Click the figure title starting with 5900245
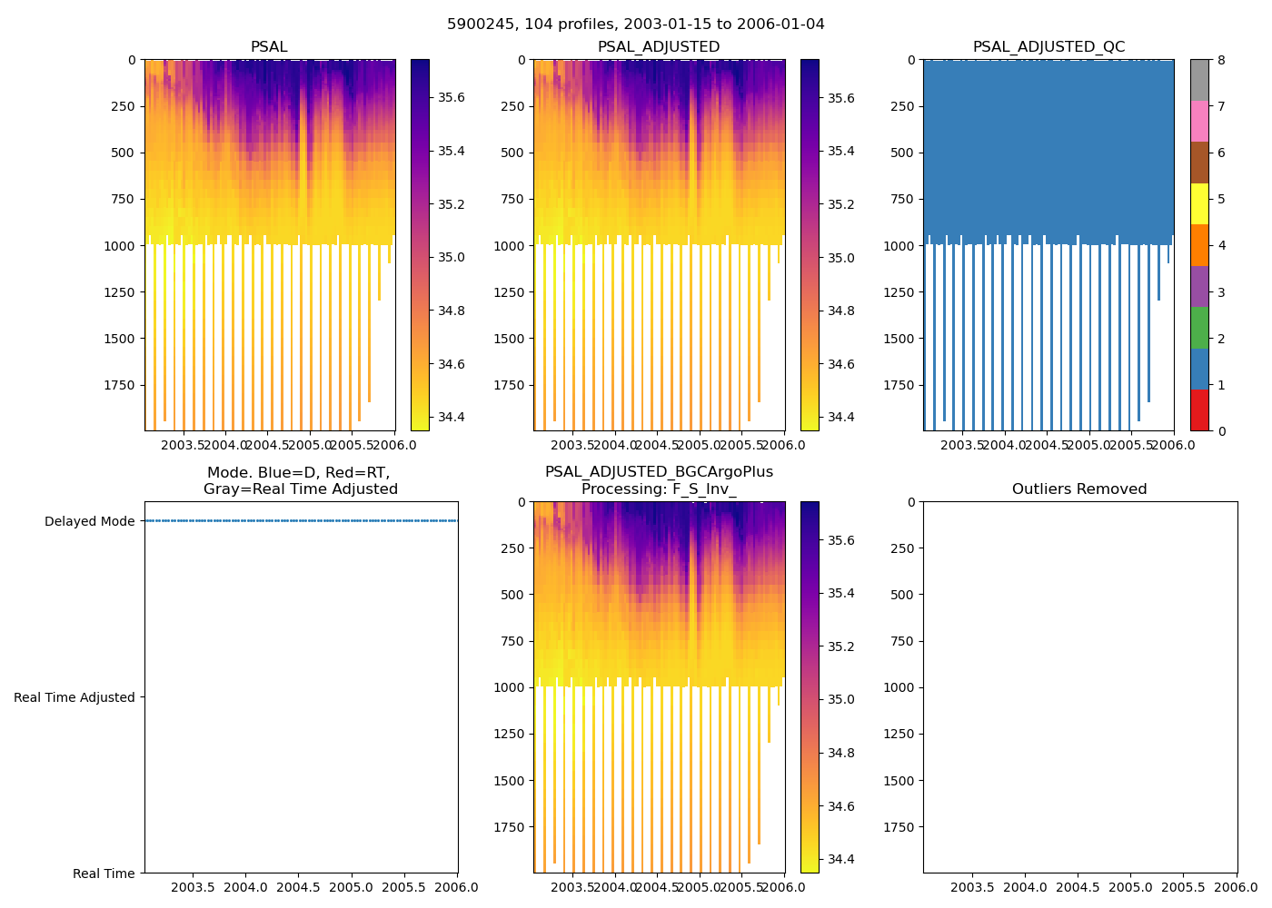[x=636, y=25]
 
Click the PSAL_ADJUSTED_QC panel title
[x=1048, y=47]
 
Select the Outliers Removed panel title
[x=1079, y=489]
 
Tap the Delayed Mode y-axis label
[x=89, y=521]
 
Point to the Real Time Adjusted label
[x=75, y=697]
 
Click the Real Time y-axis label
[x=104, y=873]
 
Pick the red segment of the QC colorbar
[x=1199, y=410]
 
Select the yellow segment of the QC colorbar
[x=1199, y=204]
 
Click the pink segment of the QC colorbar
[x=1199, y=122]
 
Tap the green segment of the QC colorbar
[x=1199, y=328]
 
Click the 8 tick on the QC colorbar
[x=1221, y=61]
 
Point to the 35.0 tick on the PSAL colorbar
[x=452, y=257]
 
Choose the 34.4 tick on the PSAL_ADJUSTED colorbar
[x=841, y=418]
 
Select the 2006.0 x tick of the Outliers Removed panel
[x=1237, y=887]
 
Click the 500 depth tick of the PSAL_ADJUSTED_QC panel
[x=901, y=153]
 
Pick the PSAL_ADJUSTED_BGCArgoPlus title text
[x=659, y=472]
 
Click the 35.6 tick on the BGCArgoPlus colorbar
[x=841, y=540]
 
